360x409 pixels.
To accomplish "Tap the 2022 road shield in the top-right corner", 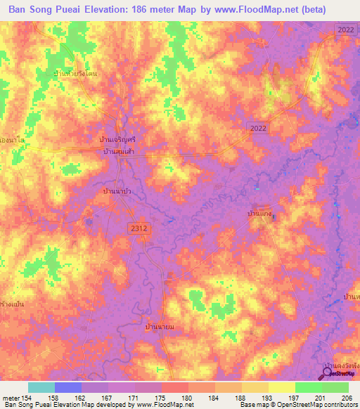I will coord(346,30).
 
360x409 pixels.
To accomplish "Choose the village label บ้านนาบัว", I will coord(118,190).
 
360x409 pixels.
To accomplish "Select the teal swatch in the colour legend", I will coord(41,387).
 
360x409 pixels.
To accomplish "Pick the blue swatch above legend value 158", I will coord(67,387).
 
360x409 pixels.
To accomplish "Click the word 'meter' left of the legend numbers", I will coord(11,398).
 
